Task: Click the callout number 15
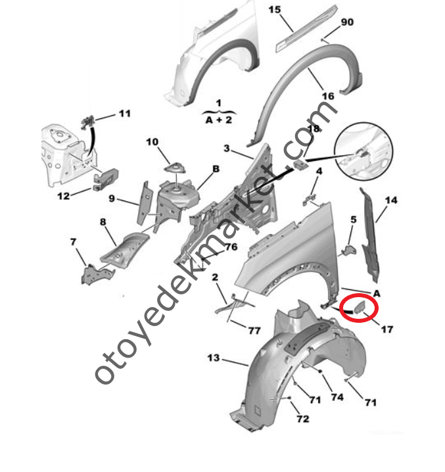point(274,10)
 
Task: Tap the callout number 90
point(347,22)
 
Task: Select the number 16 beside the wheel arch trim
point(328,96)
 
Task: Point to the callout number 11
point(125,114)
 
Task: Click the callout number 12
point(63,196)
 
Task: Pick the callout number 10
point(152,142)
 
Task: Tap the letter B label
point(216,169)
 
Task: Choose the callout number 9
point(112,199)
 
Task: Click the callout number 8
point(103,222)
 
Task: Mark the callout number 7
point(73,242)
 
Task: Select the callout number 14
point(391,201)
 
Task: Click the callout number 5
point(354,220)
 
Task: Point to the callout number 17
point(387,329)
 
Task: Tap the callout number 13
point(214,358)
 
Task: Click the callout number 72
point(302,419)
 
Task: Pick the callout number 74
point(337,397)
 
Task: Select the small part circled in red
point(360,307)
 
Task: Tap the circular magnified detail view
point(363,152)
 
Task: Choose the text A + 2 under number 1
point(219,120)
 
